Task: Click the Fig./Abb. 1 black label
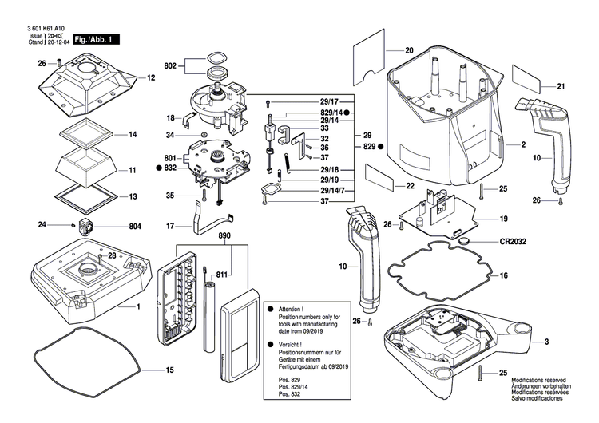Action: [x=97, y=39]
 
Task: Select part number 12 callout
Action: [x=150, y=78]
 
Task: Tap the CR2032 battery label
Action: [x=516, y=240]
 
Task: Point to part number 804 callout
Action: [x=135, y=227]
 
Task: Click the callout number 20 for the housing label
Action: [x=409, y=51]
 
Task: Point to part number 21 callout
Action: [x=561, y=86]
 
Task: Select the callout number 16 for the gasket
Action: [x=503, y=275]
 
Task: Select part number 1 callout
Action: [x=137, y=306]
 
